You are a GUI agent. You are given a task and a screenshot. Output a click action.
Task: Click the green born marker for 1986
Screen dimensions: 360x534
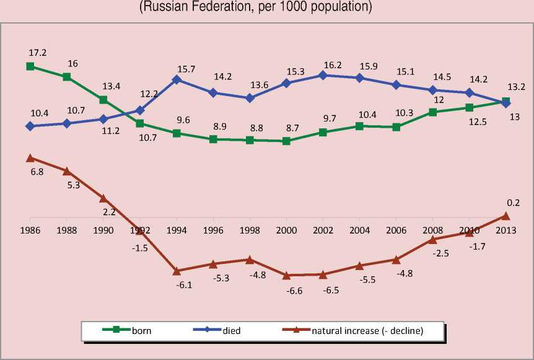(30, 66)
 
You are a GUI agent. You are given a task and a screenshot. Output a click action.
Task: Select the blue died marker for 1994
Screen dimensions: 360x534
(177, 79)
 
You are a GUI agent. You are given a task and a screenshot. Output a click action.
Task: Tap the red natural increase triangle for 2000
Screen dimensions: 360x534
(286, 275)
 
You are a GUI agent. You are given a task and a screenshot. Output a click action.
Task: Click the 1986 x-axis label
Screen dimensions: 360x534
(30, 229)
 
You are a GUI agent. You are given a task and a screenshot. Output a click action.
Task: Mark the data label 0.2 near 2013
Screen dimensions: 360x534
(513, 203)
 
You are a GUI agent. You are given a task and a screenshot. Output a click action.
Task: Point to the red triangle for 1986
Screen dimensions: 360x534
(30, 158)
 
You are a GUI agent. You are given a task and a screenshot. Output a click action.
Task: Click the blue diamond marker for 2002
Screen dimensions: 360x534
(322, 75)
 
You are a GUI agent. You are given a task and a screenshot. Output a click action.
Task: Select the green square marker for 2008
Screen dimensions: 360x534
(432, 112)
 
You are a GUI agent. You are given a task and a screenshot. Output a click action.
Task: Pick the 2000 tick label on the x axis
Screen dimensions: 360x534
(286, 229)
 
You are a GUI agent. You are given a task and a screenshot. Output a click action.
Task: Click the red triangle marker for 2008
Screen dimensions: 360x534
(432, 239)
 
